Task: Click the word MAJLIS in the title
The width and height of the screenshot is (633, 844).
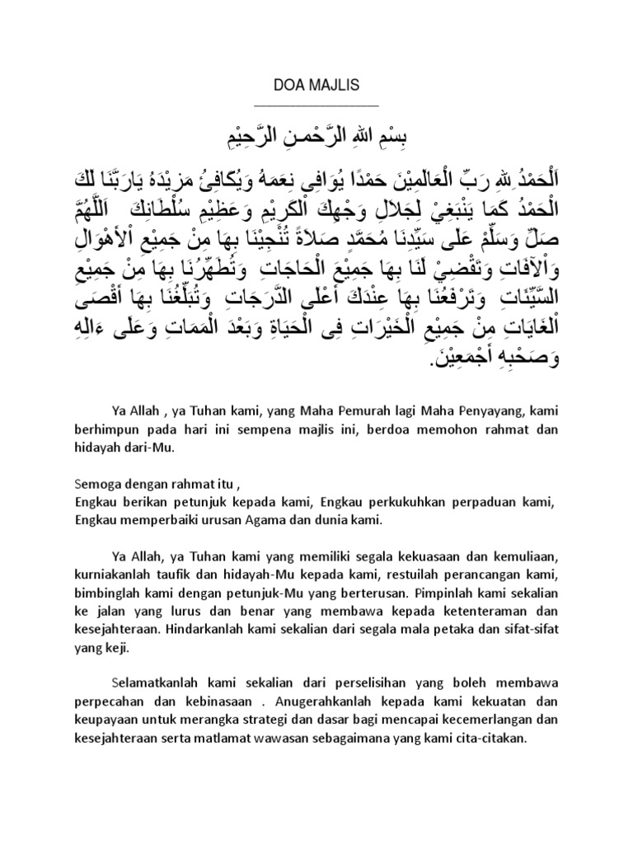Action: click(x=332, y=84)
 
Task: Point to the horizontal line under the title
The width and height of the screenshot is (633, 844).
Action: click(x=316, y=105)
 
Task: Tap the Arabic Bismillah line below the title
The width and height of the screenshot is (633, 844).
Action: click(x=316, y=134)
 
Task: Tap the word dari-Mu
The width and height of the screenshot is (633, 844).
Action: click(x=152, y=448)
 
